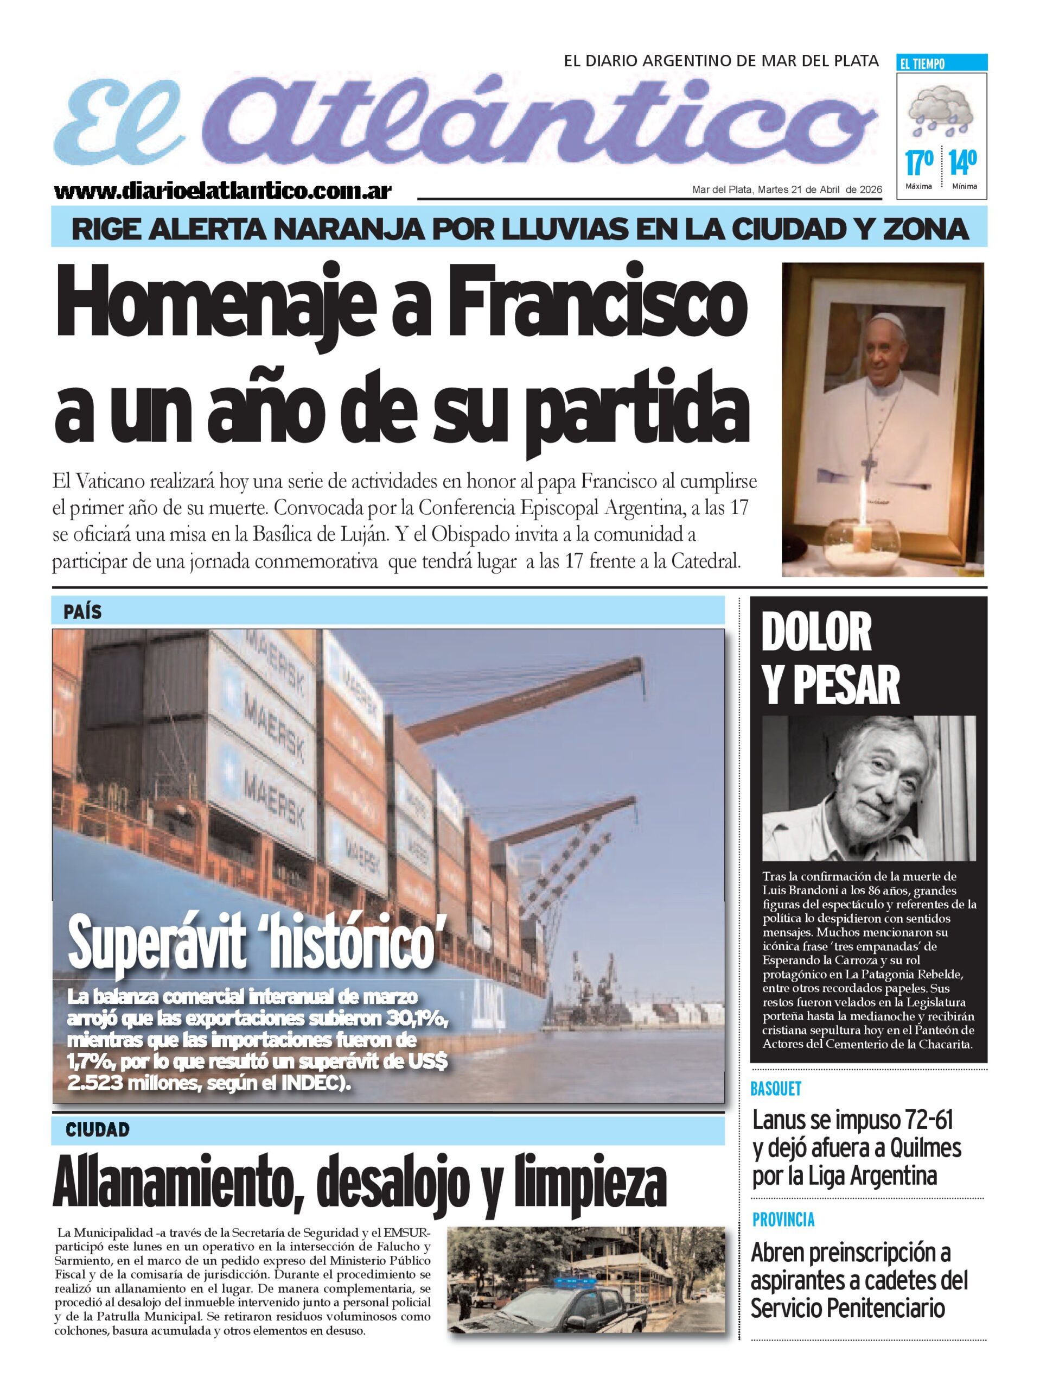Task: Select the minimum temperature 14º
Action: click(x=963, y=163)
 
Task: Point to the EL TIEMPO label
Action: click(x=923, y=64)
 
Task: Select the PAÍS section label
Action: click(x=82, y=612)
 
